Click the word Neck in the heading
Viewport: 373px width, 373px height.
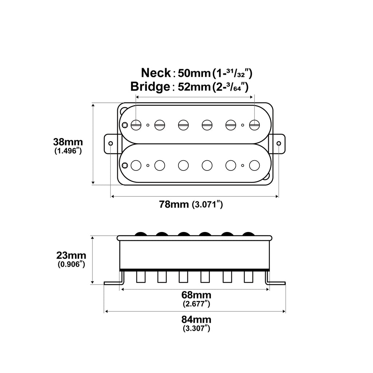click(156, 73)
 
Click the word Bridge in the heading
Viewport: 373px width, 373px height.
click(150, 87)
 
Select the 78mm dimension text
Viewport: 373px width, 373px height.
click(174, 204)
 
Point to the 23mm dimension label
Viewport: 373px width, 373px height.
click(71, 255)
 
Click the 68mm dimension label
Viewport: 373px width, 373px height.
click(196, 295)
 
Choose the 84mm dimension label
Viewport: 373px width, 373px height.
click(196, 320)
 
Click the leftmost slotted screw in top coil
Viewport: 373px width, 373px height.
click(136, 125)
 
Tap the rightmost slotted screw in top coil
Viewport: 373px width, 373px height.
click(254, 125)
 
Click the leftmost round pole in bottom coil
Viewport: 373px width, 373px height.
click(136, 165)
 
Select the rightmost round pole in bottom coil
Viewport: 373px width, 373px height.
click(254, 165)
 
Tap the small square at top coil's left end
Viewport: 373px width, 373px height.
click(125, 125)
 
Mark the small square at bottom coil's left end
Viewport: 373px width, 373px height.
click(125, 165)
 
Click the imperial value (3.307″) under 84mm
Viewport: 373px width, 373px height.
click(196, 329)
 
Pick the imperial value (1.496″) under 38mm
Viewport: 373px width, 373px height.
click(68, 151)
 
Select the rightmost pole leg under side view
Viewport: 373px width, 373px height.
click(249, 277)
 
